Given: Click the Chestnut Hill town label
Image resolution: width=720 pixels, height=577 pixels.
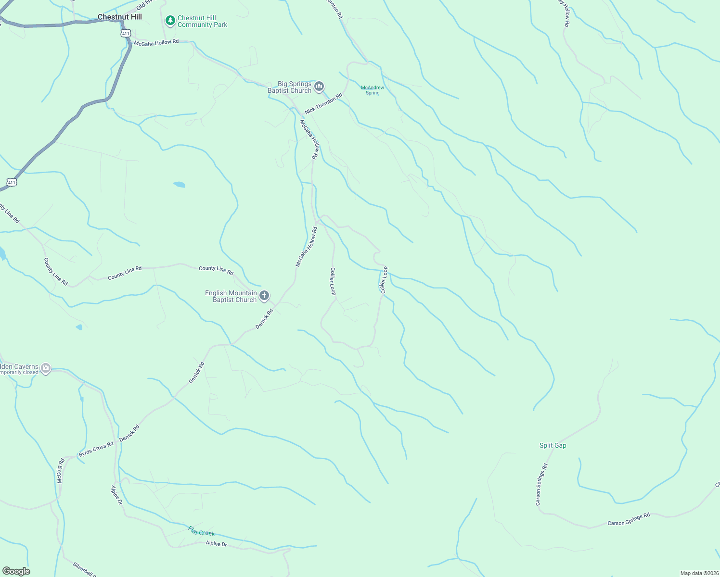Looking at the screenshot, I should click(120, 17).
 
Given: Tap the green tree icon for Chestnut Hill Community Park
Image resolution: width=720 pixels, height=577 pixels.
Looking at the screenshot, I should click(169, 21).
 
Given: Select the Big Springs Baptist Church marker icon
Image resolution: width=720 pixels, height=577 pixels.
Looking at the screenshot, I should click(319, 87).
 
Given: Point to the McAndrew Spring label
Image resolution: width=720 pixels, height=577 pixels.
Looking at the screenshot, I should click(373, 90).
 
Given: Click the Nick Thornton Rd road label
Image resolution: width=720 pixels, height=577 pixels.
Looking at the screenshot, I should click(323, 103).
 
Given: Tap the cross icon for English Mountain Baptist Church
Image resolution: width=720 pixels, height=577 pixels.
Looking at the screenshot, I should click(264, 296).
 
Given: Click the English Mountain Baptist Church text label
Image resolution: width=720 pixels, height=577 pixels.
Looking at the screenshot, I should click(231, 296).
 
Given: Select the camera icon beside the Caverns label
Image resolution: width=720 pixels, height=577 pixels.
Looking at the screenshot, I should click(46, 369).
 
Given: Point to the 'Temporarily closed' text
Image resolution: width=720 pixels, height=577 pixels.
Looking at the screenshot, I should click(18, 373).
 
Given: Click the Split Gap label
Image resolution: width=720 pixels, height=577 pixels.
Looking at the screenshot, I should click(553, 445).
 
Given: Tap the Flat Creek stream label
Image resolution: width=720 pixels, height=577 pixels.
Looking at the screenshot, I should click(201, 532).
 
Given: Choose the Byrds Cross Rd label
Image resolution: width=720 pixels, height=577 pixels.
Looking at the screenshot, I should click(96, 449).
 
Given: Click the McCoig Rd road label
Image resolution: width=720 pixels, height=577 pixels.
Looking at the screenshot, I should click(61, 471).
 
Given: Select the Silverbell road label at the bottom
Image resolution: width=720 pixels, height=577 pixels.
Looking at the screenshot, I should click(85, 569).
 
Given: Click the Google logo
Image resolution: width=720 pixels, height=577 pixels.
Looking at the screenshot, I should click(16, 571).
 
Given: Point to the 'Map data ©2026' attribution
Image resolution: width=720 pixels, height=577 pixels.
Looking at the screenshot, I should click(699, 573).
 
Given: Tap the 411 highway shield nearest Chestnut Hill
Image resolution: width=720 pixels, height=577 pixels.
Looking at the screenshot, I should click(126, 33).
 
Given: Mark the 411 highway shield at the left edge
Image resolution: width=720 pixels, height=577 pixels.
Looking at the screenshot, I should click(12, 182).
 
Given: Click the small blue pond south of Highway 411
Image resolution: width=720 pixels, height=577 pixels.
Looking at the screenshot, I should click(179, 185).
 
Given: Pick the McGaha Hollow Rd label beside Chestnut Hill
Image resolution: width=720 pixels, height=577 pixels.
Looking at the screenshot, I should click(156, 43).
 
